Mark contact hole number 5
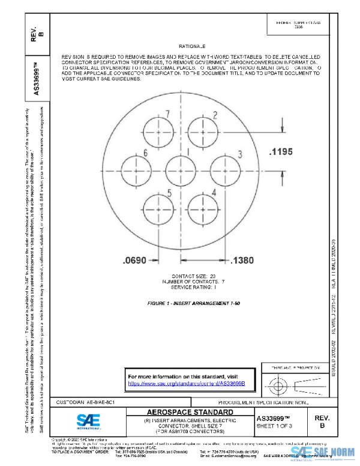coord(158,208)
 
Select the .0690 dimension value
coord(134,260)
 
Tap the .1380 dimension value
coord(245,260)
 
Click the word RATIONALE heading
coord(192,46)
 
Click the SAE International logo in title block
coord(89,420)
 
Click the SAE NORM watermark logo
coord(323,454)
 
